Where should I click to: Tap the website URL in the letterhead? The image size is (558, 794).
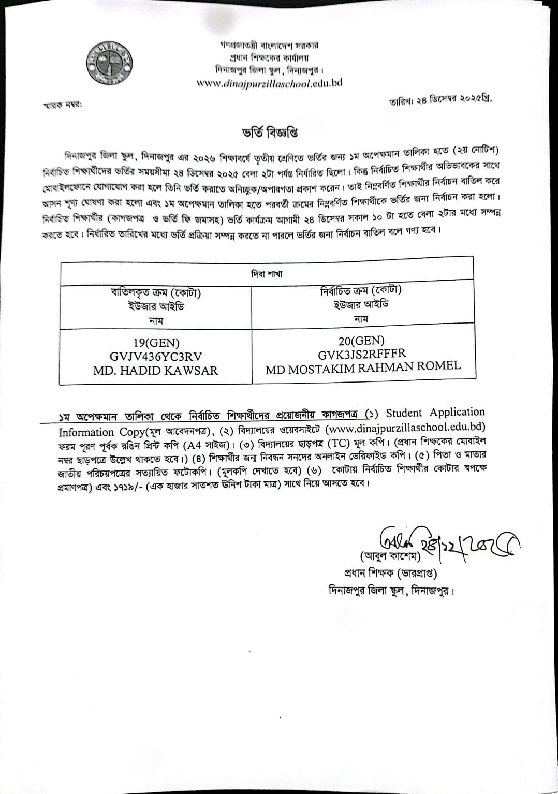(270, 83)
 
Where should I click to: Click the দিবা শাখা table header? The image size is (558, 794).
(267, 273)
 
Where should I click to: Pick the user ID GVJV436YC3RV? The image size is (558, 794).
(156, 357)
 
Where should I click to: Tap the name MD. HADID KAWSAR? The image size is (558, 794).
(156, 371)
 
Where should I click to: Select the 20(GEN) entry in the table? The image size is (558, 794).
(362, 340)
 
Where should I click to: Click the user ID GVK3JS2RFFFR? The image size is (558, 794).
(362, 354)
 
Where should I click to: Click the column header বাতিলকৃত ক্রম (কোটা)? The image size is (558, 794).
(156, 293)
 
